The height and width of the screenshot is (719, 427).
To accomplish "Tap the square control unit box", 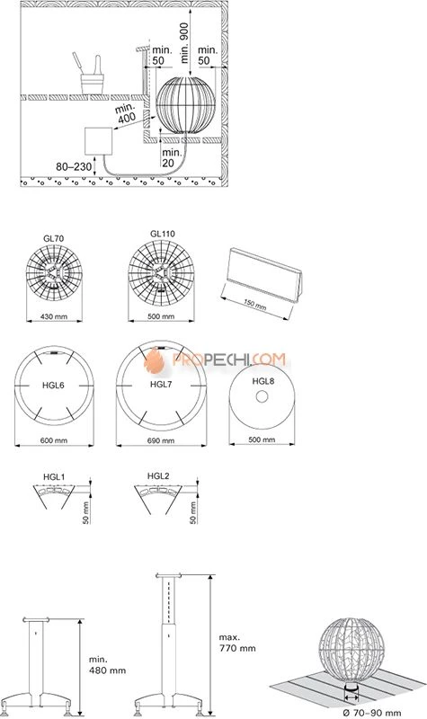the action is [99, 141].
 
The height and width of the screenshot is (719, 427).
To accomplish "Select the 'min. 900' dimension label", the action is [185, 42].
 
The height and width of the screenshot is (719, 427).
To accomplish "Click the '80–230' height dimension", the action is [74, 167].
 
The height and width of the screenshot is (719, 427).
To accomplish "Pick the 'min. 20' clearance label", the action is [172, 156].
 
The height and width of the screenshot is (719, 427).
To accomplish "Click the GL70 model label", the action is [54, 238].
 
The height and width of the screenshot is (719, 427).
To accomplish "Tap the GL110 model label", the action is [162, 234].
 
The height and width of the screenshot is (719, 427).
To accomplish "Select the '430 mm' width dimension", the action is [54, 316].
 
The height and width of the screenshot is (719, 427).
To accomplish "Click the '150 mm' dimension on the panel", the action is [254, 304].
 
